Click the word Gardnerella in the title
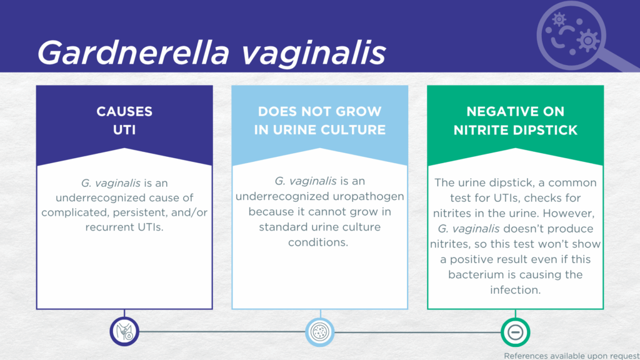[133, 52]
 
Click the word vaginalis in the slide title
[314, 52]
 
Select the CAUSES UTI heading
[124, 121]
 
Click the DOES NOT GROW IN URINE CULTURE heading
[319, 121]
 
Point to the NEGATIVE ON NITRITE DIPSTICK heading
[516, 121]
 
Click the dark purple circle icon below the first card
[124, 331]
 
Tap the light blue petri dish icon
[320, 332]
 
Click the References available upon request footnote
[571, 356]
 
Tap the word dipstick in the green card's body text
[523, 183]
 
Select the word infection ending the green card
[516, 290]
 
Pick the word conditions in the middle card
[318, 242]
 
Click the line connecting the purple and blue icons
[222, 332]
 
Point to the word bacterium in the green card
[474, 275]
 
